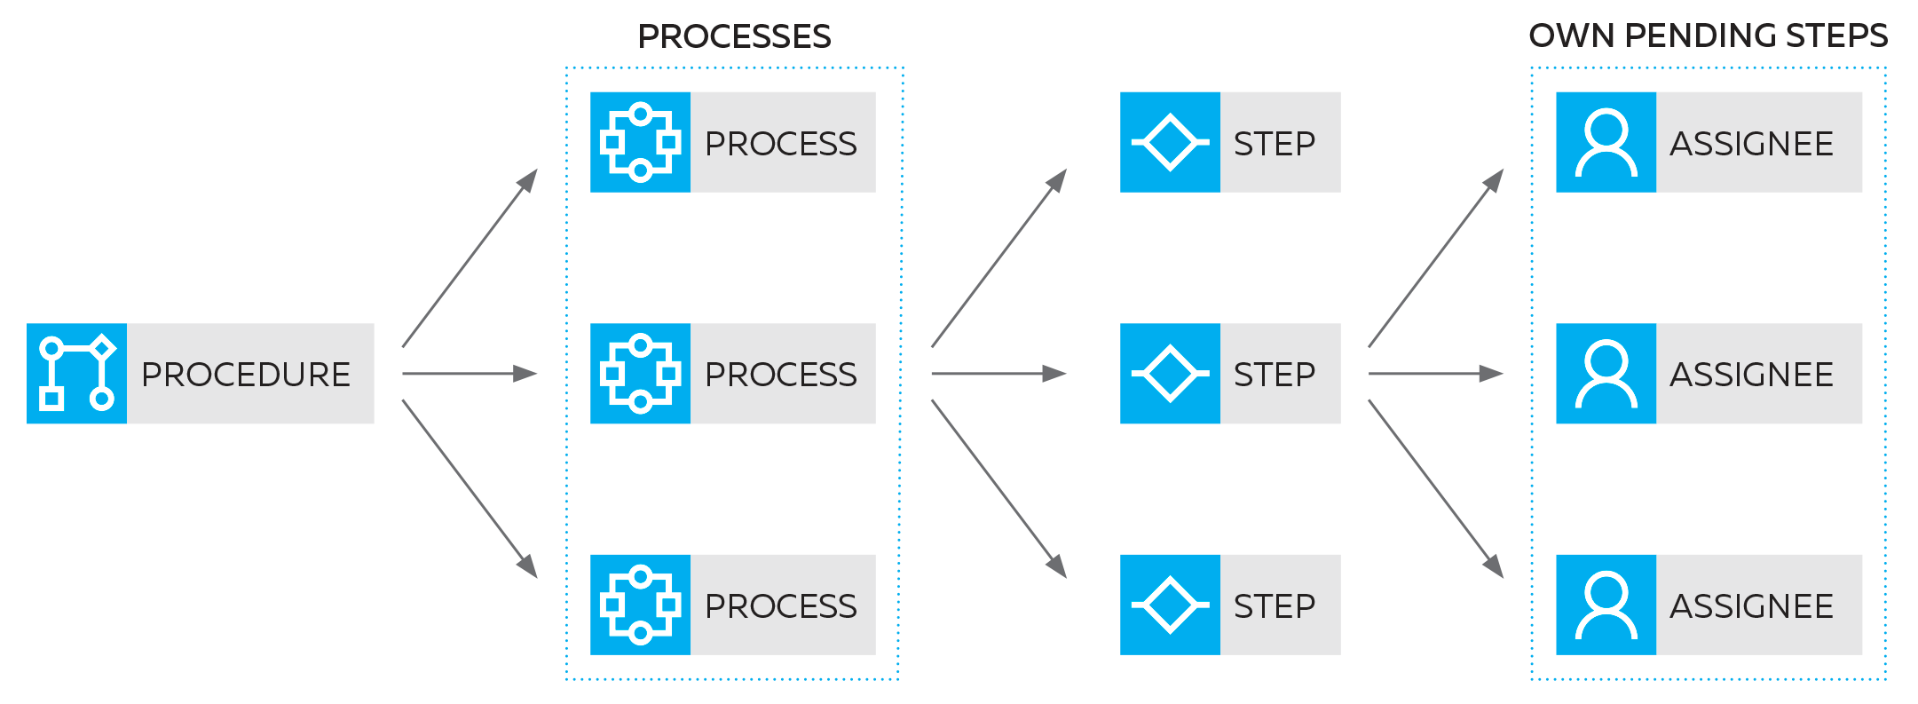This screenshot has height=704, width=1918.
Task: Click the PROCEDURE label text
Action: point(246,375)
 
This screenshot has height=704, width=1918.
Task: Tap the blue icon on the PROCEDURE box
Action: point(77,374)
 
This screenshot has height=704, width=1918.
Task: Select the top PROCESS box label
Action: point(781,144)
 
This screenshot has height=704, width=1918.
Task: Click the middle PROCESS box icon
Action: point(640,374)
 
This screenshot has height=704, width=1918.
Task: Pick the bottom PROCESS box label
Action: point(781,606)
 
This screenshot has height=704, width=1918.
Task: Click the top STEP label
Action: point(1275,144)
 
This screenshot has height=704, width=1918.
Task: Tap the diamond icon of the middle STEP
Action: point(1170,374)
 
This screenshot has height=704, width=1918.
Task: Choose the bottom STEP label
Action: point(1275,606)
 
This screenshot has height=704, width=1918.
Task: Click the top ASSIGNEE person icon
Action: point(1606,142)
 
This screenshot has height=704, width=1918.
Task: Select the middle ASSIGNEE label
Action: point(1752,375)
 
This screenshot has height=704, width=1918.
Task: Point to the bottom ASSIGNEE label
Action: point(1752,606)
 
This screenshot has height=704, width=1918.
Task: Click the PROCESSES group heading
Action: point(734,37)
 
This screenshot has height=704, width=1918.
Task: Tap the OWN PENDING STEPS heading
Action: point(1707,36)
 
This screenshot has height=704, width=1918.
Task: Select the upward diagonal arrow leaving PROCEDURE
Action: point(470,258)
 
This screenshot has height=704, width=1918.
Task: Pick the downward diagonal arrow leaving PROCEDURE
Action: point(470,489)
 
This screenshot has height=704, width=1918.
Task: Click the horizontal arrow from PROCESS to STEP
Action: point(998,374)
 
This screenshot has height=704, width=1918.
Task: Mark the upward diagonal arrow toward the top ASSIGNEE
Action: point(1435,258)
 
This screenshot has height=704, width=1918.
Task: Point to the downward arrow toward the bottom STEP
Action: point(998,489)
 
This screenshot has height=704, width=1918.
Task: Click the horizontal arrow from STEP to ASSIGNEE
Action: point(1435,374)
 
